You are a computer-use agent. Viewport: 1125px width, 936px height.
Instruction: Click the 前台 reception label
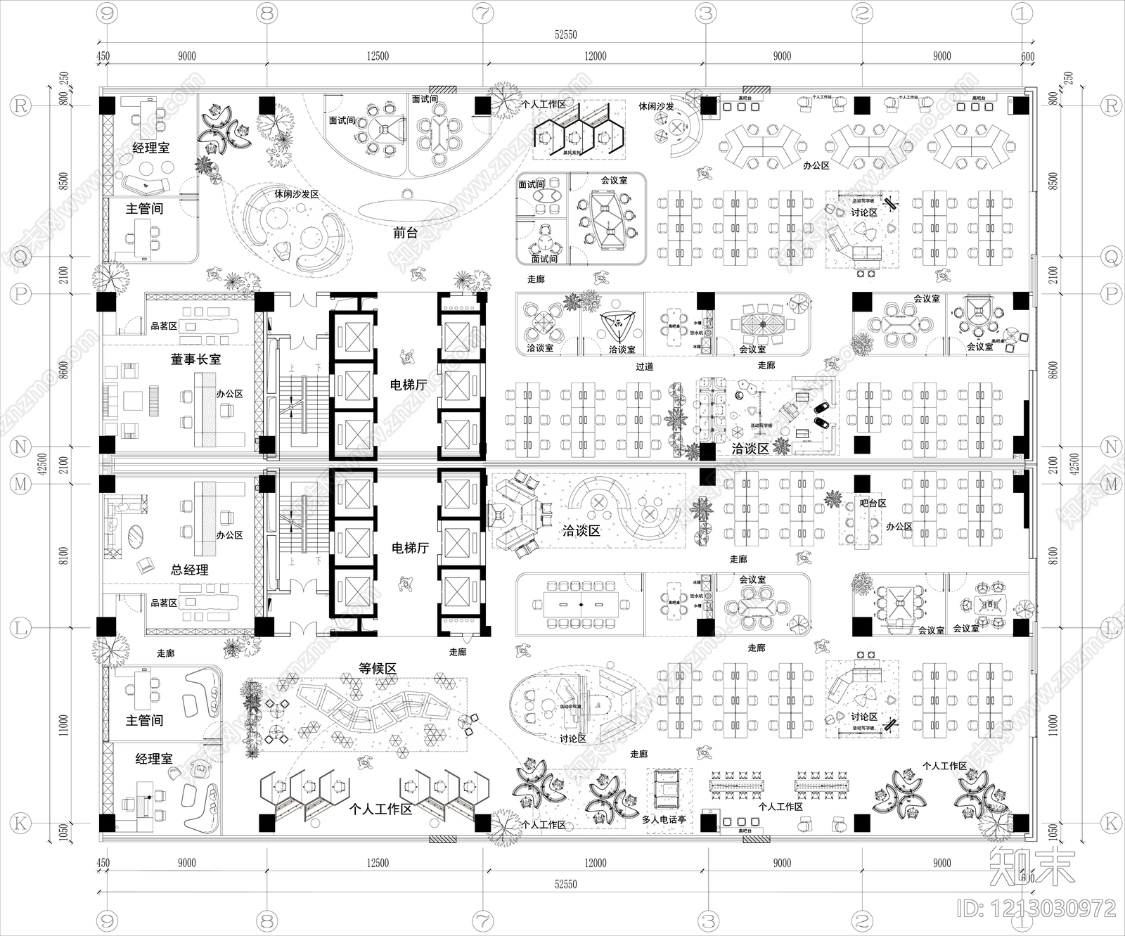pyautogui.click(x=405, y=233)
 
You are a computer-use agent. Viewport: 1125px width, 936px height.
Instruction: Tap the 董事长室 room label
pyautogui.click(x=195, y=359)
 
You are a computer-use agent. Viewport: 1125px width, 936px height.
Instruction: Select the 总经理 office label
pyautogui.click(x=189, y=570)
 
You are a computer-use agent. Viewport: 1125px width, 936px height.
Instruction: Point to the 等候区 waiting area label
pyautogui.click(x=378, y=668)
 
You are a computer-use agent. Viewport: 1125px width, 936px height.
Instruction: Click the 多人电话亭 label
pyautogui.click(x=663, y=820)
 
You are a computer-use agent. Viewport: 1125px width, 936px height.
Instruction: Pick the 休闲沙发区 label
pyautogui.click(x=296, y=194)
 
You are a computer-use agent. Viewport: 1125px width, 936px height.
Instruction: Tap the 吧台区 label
pyautogui.click(x=873, y=504)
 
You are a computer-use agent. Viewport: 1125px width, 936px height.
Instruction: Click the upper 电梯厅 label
pyautogui.click(x=409, y=385)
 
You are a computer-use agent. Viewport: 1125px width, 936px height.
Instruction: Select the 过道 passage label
pyautogui.click(x=644, y=366)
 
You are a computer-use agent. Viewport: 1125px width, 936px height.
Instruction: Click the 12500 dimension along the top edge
pyautogui.click(x=378, y=56)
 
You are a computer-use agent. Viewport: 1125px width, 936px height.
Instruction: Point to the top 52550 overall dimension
pyautogui.click(x=565, y=34)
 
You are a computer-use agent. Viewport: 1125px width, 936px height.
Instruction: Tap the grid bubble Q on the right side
pyautogui.click(x=1111, y=257)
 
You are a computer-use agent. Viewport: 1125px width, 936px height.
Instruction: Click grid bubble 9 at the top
pyautogui.click(x=107, y=12)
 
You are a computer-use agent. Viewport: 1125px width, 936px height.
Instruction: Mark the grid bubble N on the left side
pyautogui.click(x=20, y=447)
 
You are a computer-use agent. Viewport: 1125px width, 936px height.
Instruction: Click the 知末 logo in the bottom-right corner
pyautogui.click(x=1031, y=867)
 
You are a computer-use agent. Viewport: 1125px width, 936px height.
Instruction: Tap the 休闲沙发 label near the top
pyautogui.click(x=655, y=106)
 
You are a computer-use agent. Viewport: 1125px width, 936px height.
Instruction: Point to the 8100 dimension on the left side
pyautogui.click(x=65, y=556)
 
